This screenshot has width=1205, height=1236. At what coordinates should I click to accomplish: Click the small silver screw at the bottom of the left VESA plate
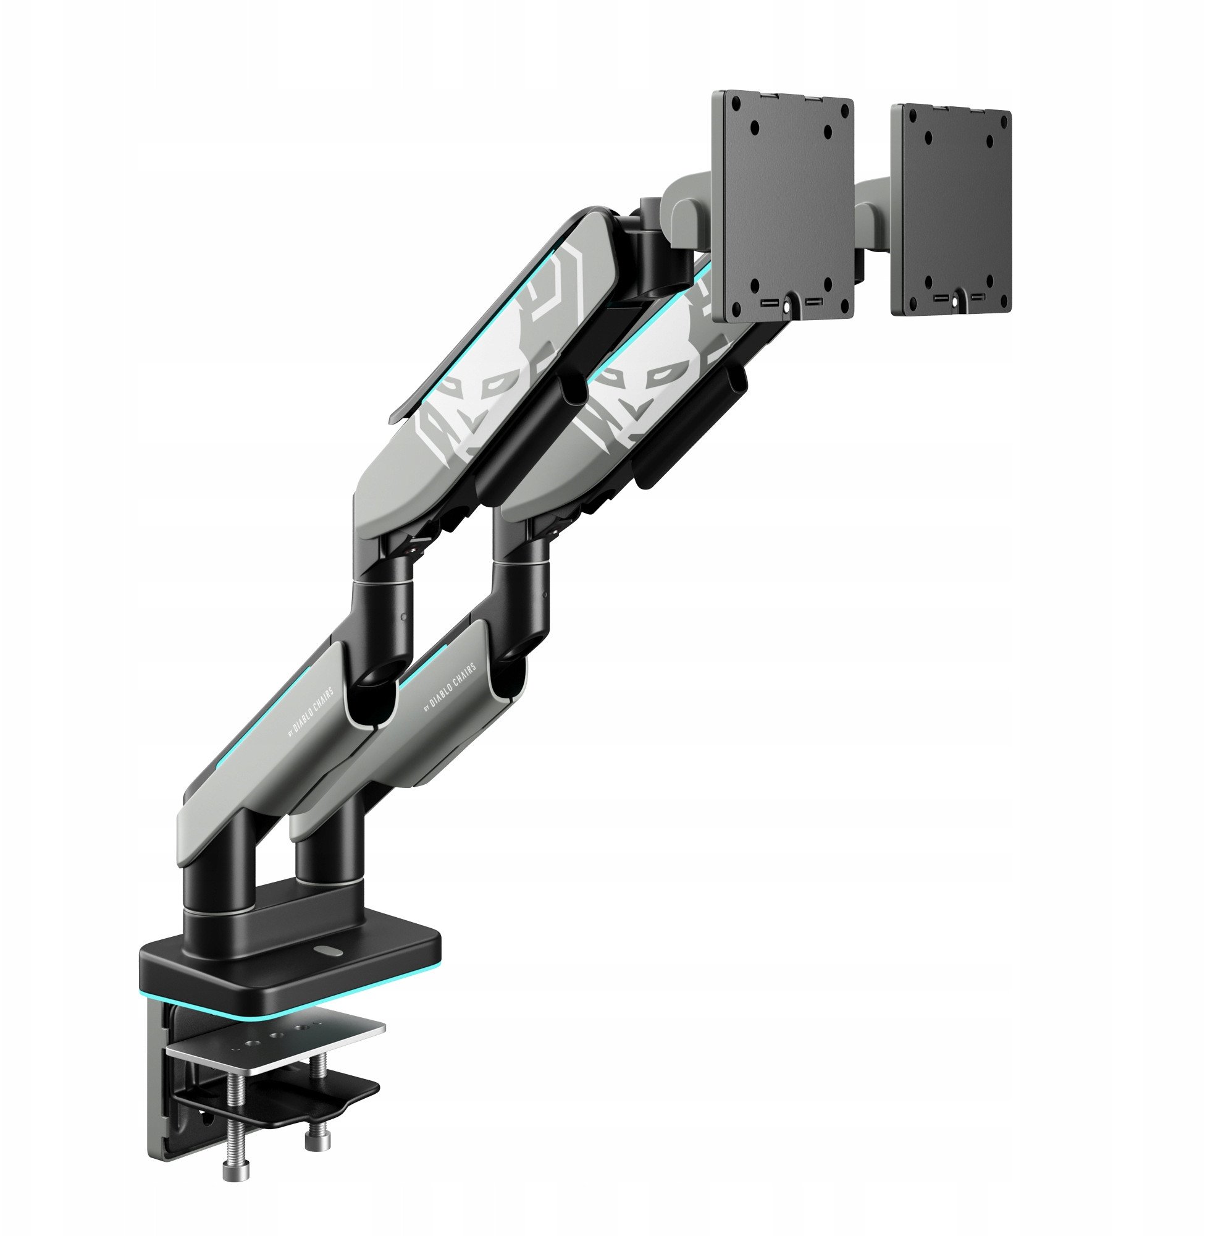787,307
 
